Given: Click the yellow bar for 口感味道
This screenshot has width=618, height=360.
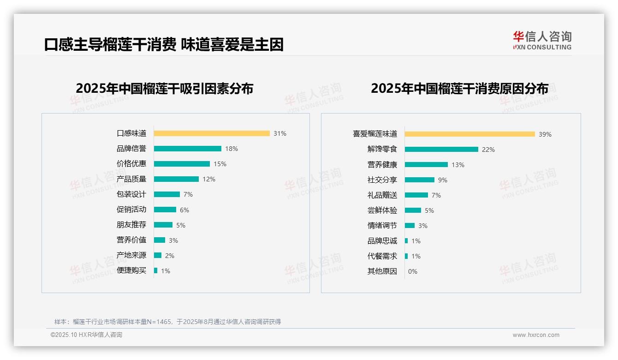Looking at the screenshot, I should (212, 133).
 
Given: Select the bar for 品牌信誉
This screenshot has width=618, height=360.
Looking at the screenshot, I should (188, 149).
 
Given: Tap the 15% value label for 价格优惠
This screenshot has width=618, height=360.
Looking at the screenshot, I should (220, 164).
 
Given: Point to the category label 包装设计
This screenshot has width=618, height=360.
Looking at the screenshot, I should (131, 194).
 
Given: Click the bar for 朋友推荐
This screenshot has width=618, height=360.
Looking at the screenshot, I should (163, 225).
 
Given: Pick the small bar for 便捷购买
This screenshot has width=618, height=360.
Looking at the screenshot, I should (156, 270).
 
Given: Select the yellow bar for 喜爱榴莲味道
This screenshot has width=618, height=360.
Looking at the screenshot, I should (470, 134).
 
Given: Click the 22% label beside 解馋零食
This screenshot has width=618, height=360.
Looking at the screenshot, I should (488, 150).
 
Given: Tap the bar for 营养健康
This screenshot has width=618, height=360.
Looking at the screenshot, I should (426, 164).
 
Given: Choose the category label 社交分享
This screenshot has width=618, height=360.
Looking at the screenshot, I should (382, 180).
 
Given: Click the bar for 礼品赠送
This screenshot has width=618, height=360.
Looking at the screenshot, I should (416, 195).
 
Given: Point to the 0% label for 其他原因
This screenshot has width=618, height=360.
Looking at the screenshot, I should (413, 271).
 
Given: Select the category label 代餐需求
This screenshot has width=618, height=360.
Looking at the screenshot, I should (382, 256).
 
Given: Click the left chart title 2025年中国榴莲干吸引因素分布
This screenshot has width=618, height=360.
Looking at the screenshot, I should (165, 89).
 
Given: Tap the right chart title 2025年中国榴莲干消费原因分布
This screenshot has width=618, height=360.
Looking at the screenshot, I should (459, 89).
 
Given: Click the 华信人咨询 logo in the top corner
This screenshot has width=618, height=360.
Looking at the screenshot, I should (542, 41).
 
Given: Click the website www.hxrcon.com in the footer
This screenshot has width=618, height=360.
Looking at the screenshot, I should (536, 335).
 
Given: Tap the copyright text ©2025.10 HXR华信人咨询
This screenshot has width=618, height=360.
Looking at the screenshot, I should (86, 335).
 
